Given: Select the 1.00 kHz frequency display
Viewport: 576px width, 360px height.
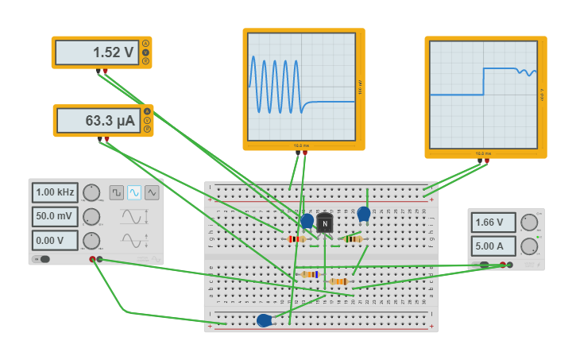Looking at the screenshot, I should pos(55,192).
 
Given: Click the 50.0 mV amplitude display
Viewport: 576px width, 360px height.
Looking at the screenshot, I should pos(55,216).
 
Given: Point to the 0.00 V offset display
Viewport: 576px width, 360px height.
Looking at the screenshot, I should pos(55,240).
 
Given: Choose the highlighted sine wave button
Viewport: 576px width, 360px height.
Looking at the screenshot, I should pos(134,192).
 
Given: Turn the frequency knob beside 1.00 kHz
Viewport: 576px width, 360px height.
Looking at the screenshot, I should pos(91,192).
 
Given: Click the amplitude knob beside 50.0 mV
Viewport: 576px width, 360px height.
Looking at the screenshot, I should pos(91,216).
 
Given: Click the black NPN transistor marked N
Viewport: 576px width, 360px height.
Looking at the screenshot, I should pos(324,223).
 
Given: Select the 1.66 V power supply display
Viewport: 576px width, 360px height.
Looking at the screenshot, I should pos(493,223).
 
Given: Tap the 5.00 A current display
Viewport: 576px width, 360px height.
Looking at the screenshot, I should pos(493,246).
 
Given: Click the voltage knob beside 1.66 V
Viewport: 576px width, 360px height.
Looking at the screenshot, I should pos(529,223).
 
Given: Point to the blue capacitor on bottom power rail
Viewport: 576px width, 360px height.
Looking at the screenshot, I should pos(265,320).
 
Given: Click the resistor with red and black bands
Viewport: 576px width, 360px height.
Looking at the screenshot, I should pos(296,238).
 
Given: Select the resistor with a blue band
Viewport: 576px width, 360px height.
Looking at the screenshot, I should pos(311,274).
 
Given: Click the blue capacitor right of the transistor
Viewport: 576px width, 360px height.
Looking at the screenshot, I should pos(364,214).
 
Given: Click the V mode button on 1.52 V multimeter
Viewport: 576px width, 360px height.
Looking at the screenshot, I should pos(146,52).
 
